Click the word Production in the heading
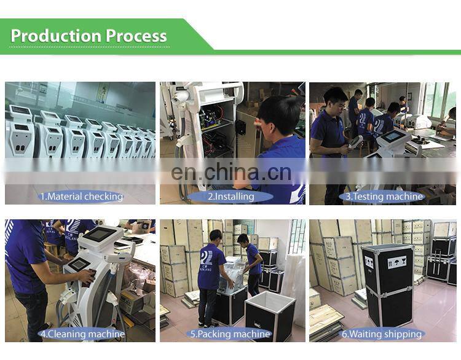tap(56, 36)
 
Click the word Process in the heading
tap(136, 36)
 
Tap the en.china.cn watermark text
tap(231, 172)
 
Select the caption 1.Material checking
tap(81, 197)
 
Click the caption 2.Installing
tap(230, 197)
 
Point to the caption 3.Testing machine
tap(384, 197)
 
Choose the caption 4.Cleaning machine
tap(82, 334)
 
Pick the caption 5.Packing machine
tap(230, 334)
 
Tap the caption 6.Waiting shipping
tap(382, 334)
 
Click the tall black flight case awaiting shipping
tap(387, 285)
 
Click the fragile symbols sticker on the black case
tap(396, 262)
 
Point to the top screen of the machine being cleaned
tap(99, 234)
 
